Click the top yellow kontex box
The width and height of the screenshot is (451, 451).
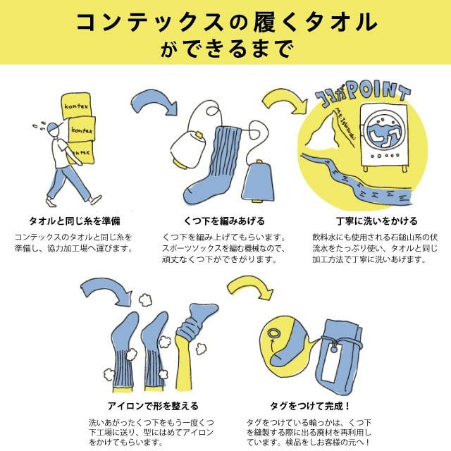coord(76,105)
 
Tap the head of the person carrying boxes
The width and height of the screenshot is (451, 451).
coord(54,130)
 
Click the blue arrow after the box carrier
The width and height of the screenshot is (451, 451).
coord(154,102)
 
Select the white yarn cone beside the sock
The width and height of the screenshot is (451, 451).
coord(189,149)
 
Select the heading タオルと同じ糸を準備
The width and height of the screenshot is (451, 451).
coord(75,221)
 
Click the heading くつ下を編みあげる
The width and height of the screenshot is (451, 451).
coord(224,221)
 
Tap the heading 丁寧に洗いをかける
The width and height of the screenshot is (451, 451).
coord(376,221)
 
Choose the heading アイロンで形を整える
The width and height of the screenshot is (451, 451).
coord(153,406)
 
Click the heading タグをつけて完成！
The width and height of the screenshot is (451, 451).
coord(310,406)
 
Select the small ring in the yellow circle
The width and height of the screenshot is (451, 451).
coord(273,333)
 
